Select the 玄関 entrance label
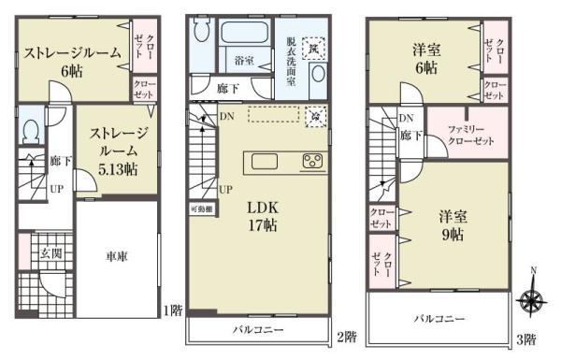(x=50, y=252)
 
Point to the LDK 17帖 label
(x=261, y=214)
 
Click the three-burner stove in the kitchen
(x=312, y=160)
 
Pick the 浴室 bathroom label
(x=245, y=60)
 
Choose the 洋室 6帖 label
(x=425, y=58)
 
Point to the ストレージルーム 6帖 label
(x=73, y=61)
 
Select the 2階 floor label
(x=346, y=337)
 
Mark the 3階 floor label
(x=526, y=338)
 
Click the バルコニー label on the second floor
(x=258, y=331)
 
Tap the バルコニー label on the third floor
(x=439, y=319)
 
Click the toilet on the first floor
(x=30, y=129)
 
